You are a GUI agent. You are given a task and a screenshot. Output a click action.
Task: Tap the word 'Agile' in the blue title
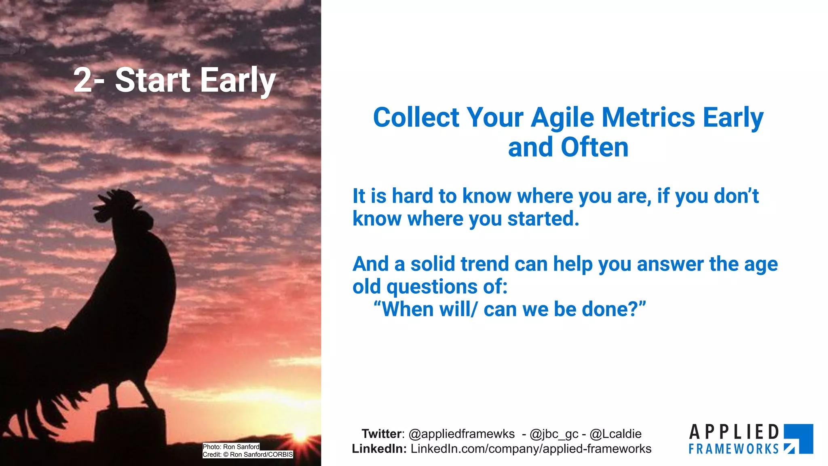click(x=563, y=118)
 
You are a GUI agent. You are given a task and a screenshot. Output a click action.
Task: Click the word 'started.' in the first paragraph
click(x=543, y=218)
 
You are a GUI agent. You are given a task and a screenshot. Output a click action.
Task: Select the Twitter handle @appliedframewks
click(x=462, y=434)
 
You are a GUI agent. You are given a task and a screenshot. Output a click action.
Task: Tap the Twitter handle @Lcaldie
click(x=615, y=434)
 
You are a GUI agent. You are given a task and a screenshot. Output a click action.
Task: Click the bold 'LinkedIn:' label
click(x=379, y=449)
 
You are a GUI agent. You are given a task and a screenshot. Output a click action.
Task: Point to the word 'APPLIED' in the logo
click(x=734, y=432)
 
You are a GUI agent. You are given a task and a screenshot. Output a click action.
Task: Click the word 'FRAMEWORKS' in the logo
click(x=733, y=449)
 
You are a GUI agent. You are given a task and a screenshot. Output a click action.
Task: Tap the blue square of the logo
click(x=798, y=439)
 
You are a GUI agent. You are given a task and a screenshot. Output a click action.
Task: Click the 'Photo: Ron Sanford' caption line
click(x=231, y=447)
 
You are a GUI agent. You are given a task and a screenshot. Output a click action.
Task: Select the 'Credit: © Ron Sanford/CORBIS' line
click(x=248, y=455)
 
